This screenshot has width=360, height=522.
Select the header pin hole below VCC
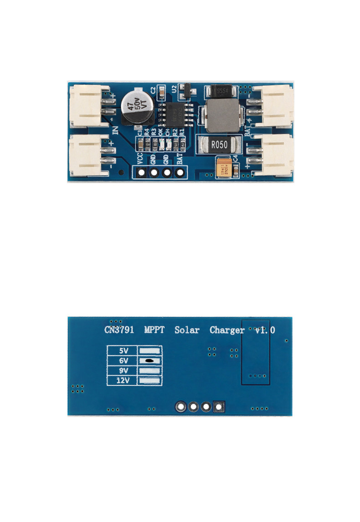pos(141,173)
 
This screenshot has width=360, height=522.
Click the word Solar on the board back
pos(187,330)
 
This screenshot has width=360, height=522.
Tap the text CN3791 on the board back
pos(119,330)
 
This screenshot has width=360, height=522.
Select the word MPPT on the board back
pos(155,330)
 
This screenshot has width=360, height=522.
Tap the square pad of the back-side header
pos(219,406)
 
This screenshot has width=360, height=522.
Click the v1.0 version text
pos(265,330)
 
